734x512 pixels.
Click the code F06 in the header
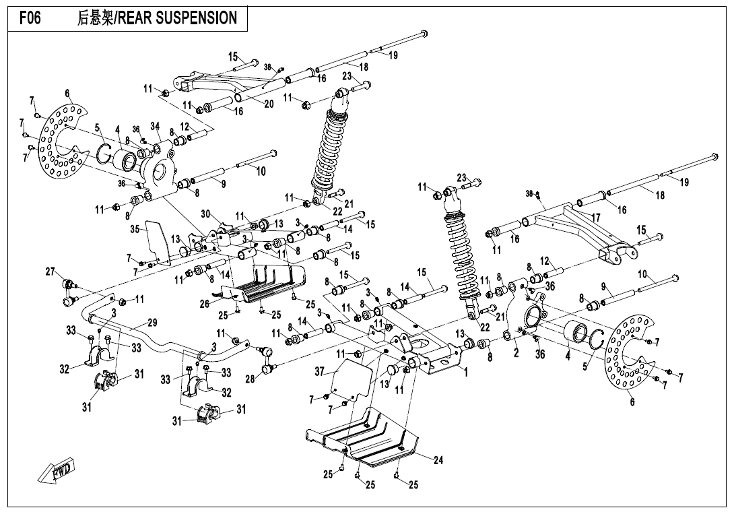pos(30,18)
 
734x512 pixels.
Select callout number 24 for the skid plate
pos(438,461)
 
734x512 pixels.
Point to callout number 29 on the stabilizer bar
pos(152,323)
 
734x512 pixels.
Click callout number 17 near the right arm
pos(595,218)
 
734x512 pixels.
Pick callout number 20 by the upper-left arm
pos(269,104)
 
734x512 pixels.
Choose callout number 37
pos(321,371)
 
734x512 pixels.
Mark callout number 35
pos(135,229)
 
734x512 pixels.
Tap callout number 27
pos(51,271)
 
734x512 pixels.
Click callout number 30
pos(205,214)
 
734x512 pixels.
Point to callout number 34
pos(155,126)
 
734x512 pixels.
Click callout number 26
pos(204,304)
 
